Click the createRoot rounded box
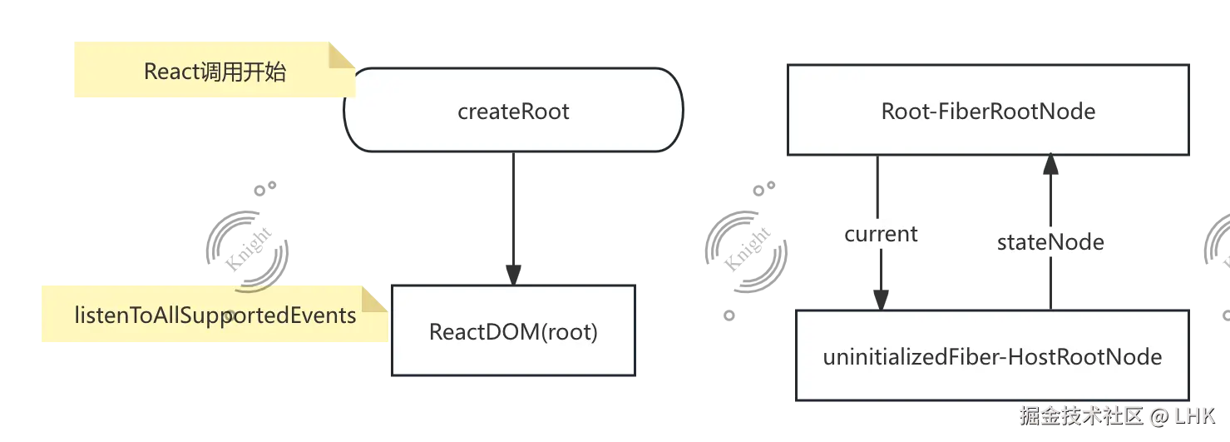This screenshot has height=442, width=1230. [x=513, y=111]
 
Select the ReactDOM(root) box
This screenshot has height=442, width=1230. [x=513, y=331]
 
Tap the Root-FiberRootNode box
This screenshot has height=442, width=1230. [x=988, y=111]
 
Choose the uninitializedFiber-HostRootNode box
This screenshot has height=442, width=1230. [x=991, y=356]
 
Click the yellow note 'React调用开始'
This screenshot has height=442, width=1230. [x=214, y=72]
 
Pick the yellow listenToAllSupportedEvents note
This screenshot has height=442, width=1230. [x=215, y=315]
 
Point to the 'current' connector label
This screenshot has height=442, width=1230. [x=881, y=234]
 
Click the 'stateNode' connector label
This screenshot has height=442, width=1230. [x=1050, y=242]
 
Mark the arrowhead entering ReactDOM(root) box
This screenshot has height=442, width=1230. [x=515, y=271]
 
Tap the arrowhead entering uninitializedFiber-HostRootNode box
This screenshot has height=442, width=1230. [x=881, y=297]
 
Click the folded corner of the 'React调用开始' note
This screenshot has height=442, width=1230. [x=342, y=55]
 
